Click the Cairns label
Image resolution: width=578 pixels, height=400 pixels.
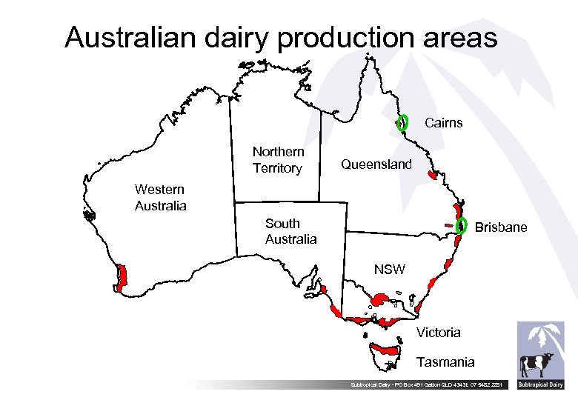(443, 123)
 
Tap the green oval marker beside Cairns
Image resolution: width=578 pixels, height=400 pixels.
(402, 122)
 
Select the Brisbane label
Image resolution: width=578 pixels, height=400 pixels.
(501, 227)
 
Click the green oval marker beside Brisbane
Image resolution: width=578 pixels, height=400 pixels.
(462, 226)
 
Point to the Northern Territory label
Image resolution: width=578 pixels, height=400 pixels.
(278, 160)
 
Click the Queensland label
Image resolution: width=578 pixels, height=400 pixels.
(376, 164)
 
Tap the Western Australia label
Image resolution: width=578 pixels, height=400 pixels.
(160, 197)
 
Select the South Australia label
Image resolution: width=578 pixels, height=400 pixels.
(290, 231)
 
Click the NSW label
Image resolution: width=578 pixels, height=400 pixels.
(389, 270)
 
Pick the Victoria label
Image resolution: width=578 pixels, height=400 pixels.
(438, 333)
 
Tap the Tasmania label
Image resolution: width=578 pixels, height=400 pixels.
(445, 362)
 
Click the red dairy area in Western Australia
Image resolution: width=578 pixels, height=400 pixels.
(122, 276)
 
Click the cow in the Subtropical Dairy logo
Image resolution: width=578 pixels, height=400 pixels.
(537, 365)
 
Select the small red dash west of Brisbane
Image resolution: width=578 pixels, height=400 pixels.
(448, 224)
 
